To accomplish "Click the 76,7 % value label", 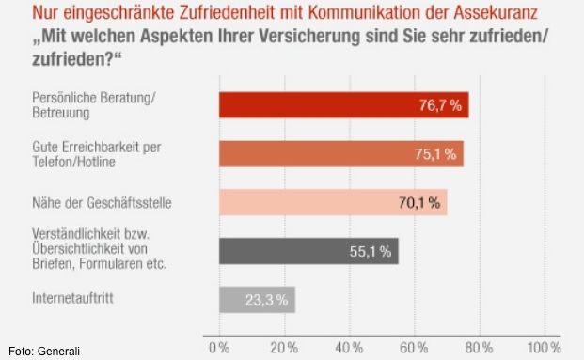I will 439,105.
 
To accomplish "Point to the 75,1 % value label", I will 434,154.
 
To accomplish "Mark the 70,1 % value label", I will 418,202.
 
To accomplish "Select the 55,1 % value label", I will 370,251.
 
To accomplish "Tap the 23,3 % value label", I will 267,300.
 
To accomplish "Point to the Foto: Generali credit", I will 44,352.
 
